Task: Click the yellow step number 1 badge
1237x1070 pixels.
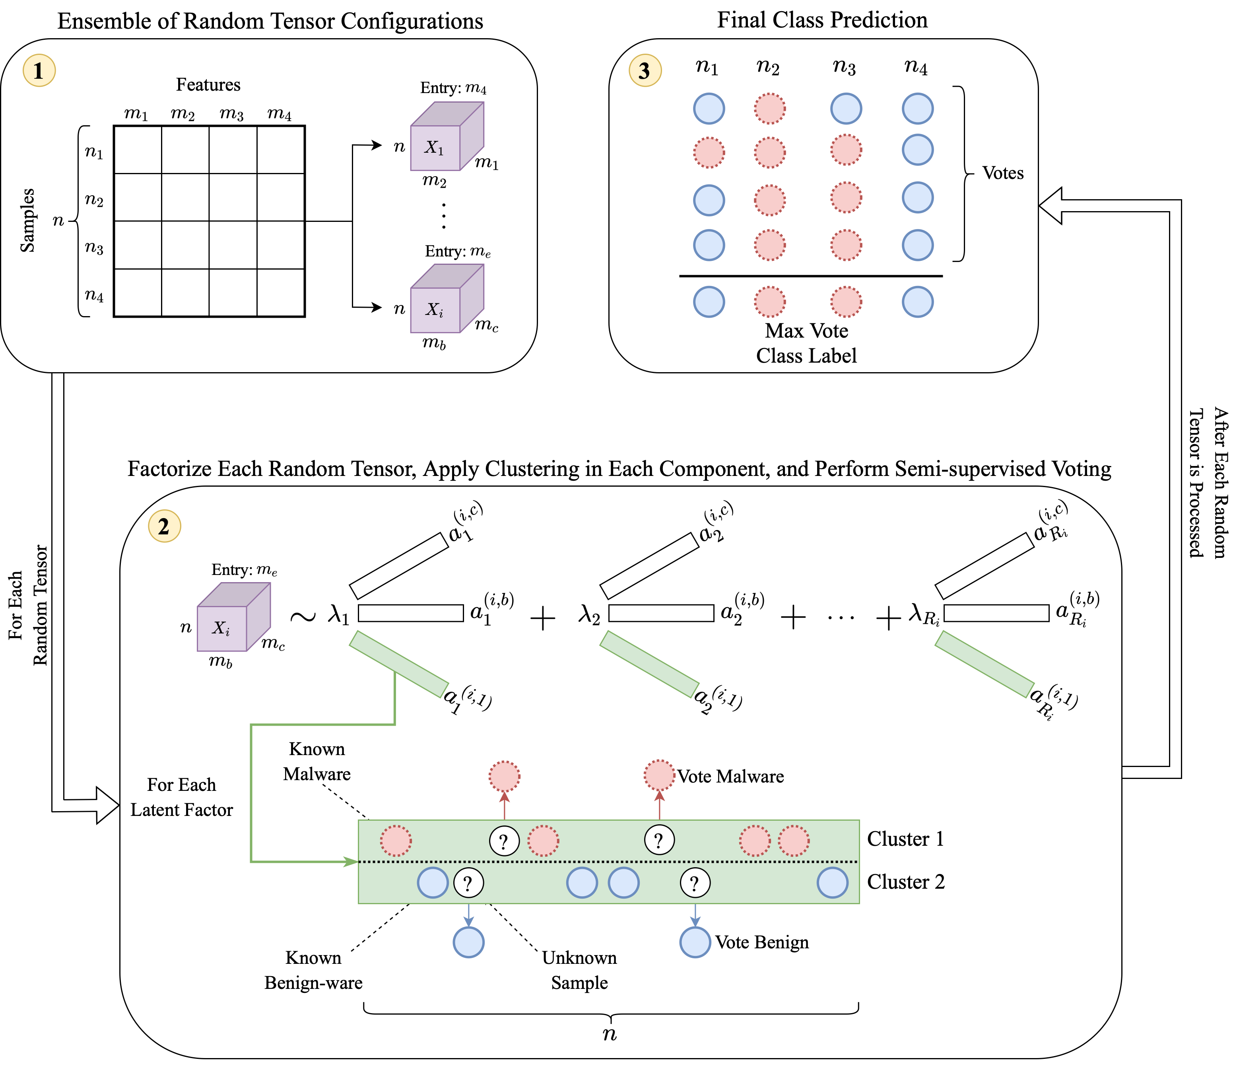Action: pyautogui.click(x=39, y=70)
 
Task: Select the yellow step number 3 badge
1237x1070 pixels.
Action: pyautogui.click(x=645, y=70)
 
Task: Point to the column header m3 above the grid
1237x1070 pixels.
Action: pyautogui.click(x=232, y=113)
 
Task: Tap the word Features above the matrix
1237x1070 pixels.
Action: pyautogui.click(x=208, y=85)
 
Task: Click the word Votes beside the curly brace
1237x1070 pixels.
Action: pyautogui.click(x=1002, y=173)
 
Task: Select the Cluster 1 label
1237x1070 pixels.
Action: pyautogui.click(x=905, y=839)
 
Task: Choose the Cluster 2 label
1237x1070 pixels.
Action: pyautogui.click(x=905, y=882)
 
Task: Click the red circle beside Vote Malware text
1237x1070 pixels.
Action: pyautogui.click(x=659, y=775)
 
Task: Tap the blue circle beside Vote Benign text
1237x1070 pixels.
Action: pyautogui.click(x=695, y=942)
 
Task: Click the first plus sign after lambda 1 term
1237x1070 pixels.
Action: pyautogui.click(x=543, y=618)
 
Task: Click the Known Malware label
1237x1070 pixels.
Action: pyautogui.click(x=317, y=761)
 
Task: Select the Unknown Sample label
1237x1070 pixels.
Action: pyautogui.click(x=579, y=970)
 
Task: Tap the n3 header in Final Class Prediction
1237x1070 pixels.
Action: pyautogui.click(x=844, y=66)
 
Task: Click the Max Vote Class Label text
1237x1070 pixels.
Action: pyautogui.click(x=806, y=343)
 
